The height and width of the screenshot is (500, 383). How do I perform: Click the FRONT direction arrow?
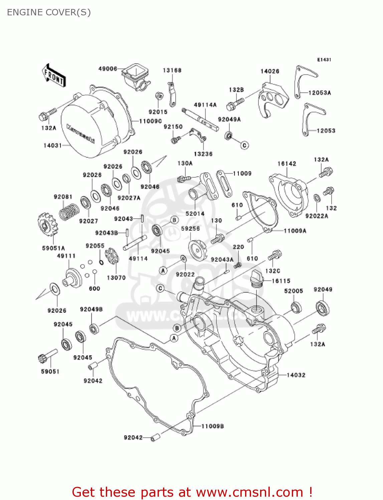[x=53, y=76]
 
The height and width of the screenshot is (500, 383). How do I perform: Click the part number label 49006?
[x=108, y=69]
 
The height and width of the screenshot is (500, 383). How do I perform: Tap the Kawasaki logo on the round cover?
[x=80, y=133]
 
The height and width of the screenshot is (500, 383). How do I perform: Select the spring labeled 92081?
[x=69, y=211]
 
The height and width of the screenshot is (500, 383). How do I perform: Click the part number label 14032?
[x=296, y=375]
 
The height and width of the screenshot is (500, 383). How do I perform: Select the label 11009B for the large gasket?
[x=212, y=426]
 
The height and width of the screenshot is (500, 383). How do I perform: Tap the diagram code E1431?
[x=324, y=60]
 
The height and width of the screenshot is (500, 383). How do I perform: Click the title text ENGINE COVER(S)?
[x=49, y=12]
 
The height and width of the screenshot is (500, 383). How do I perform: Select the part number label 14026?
[x=270, y=71]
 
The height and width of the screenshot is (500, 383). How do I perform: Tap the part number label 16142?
[x=287, y=164]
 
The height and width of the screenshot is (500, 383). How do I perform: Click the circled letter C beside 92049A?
[x=245, y=145]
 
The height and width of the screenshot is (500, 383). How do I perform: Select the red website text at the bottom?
[x=192, y=492]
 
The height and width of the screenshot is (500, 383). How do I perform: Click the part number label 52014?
[x=195, y=214]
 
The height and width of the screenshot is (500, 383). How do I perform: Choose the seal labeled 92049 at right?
[x=323, y=307]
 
